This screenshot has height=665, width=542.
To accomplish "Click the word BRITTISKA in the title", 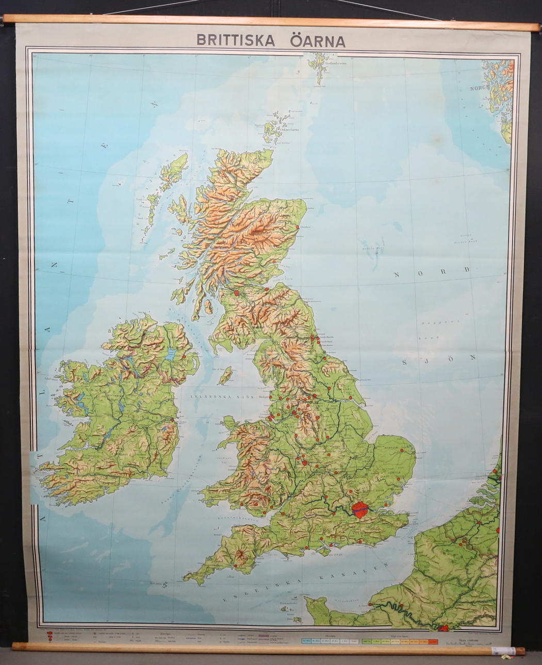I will tap(235, 41).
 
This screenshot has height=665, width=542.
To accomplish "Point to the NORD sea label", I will tap(432, 272).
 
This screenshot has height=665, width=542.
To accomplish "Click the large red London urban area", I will tap(360, 509).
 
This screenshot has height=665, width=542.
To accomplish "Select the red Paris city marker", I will tap(443, 627).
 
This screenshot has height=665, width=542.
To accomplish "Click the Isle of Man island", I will tap(225, 376).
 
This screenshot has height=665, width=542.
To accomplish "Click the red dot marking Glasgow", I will tap(236, 293).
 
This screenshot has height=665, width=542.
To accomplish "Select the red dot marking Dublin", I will tap(172, 420).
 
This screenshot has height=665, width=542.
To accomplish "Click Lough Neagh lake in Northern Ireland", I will tap(171, 354).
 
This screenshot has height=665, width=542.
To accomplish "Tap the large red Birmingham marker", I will tap(304, 462).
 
